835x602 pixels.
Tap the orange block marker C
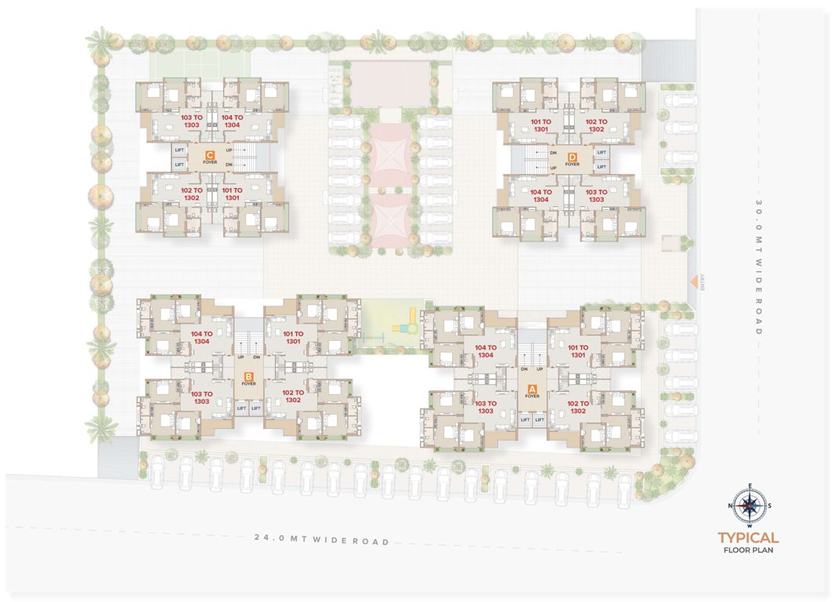point(210,154)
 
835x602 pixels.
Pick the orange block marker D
point(573,156)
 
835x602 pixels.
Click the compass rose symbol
point(749,506)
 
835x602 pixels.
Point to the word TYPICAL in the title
point(749,539)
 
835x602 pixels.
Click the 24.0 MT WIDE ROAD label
point(322,541)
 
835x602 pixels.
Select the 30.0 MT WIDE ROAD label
point(759,267)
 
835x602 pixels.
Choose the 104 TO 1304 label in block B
point(202,337)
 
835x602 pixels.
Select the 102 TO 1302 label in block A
point(578,407)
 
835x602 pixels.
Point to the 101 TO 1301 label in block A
point(578,351)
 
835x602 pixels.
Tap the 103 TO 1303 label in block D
point(596,196)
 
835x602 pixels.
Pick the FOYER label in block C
point(210,162)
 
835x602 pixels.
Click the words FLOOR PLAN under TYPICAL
point(749,550)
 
